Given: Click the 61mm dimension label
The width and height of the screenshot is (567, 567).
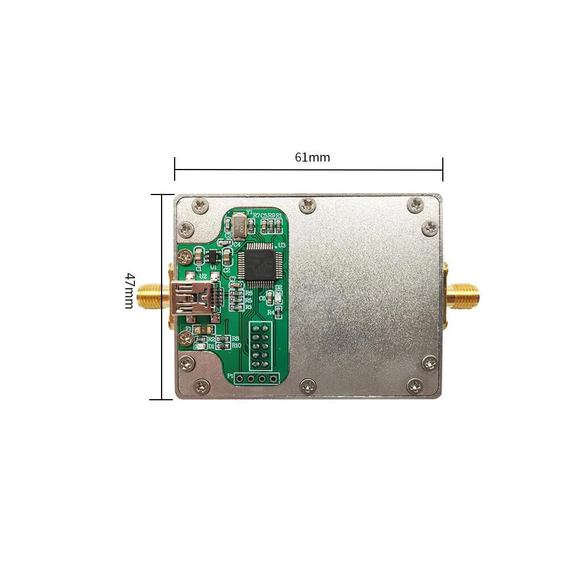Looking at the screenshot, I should (x=312, y=157).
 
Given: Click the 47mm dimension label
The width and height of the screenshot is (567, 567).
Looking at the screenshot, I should (x=130, y=290).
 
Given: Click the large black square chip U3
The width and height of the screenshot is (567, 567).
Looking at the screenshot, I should (x=257, y=264).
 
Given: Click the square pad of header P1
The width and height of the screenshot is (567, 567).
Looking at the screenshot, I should (x=274, y=378).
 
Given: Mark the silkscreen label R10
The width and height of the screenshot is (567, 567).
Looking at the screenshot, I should (x=236, y=345).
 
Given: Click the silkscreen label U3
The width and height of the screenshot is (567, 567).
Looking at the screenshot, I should (x=280, y=245).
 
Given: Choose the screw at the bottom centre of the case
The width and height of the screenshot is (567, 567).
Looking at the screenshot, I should (x=307, y=385).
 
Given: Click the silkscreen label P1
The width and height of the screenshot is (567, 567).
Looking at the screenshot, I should (x=230, y=376).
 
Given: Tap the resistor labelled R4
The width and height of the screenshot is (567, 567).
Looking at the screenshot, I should (x=278, y=311).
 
